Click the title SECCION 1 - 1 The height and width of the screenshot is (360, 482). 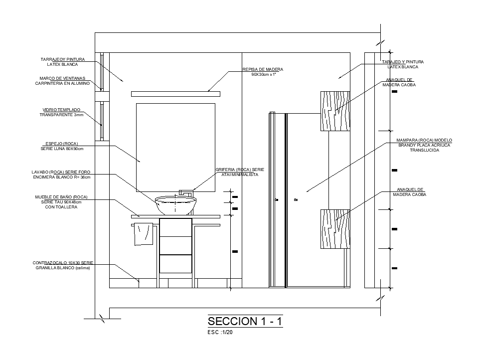[245, 321]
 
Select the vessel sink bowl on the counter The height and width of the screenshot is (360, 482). [175, 205]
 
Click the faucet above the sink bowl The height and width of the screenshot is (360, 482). [185, 190]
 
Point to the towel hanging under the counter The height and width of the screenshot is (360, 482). [144, 234]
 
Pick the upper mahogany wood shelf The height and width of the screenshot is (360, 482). [335, 111]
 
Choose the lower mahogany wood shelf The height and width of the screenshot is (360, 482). [335, 229]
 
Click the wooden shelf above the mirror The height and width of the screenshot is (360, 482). [175, 94]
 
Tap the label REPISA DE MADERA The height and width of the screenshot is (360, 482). [263, 69]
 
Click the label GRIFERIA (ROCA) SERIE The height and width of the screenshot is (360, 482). [240, 170]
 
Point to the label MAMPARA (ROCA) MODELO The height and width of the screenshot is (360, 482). [424, 140]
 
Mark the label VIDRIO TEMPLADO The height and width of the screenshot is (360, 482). [62, 110]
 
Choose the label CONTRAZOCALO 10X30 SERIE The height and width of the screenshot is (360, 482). [63, 263]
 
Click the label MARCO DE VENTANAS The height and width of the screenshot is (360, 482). [62, 78]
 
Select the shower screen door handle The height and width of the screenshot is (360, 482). [296, 200]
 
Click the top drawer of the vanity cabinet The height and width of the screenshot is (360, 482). [175, 227]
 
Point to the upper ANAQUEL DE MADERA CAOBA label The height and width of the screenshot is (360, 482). [399, 80]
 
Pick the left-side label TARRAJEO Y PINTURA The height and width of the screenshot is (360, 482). [63, 59]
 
